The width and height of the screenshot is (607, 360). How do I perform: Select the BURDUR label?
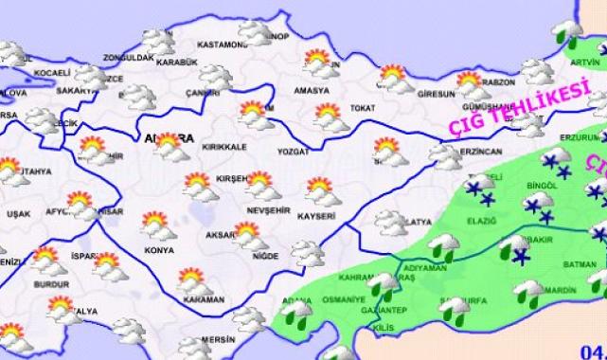point(47,281)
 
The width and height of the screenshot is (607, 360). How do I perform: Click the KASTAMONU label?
point(223,45)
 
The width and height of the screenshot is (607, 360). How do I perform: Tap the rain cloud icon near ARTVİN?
point(571,33)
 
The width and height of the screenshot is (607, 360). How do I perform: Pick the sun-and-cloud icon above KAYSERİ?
point(320,189)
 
